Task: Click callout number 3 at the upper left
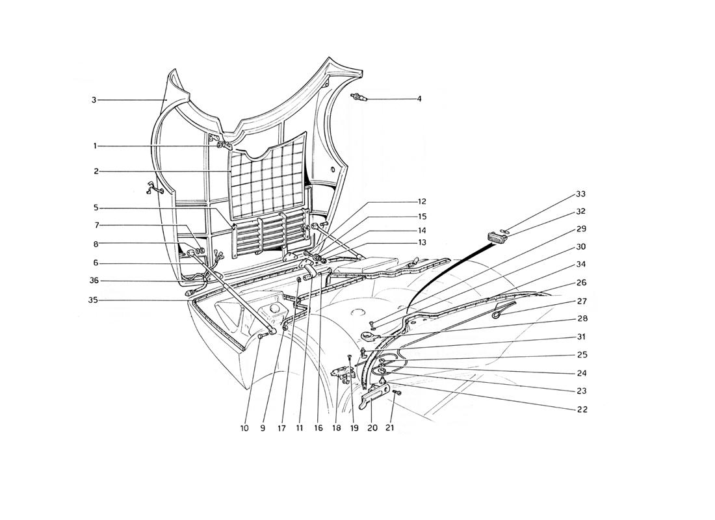[94, 100]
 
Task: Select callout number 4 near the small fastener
[419, 99]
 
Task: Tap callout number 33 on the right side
[580, 194]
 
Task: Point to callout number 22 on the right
[582, 409]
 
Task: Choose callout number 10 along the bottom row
[245, 428]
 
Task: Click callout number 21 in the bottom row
[390, 428]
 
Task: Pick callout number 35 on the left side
[93, 300]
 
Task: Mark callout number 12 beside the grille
[421, 201]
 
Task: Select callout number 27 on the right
[581, 301]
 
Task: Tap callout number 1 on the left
[95, 146]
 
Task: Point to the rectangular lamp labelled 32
[495, 238]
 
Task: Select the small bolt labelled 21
[396, 393]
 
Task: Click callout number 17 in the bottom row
[281, 428]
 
